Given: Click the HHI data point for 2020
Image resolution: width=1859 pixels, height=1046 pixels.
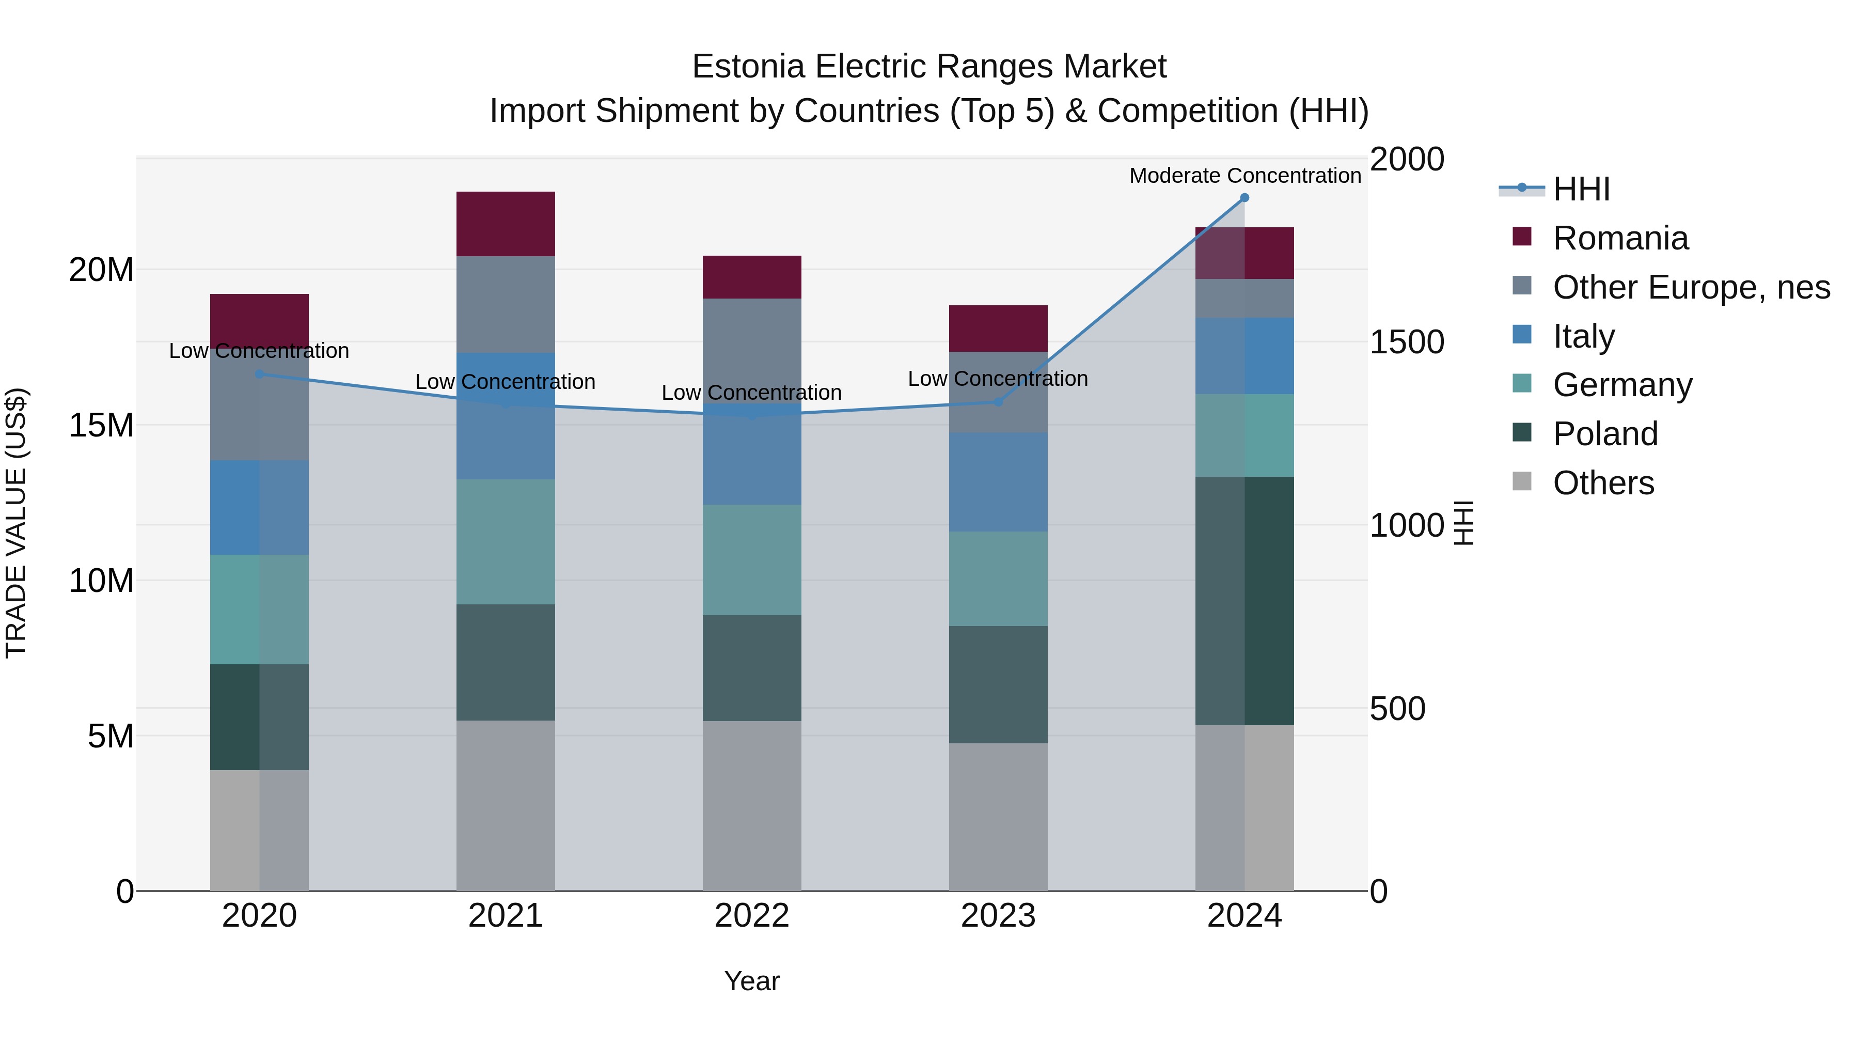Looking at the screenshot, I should [259, 374].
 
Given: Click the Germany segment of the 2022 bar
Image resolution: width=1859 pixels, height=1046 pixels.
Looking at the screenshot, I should [751, 559].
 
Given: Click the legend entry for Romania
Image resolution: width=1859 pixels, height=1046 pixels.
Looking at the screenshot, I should [1620, 238].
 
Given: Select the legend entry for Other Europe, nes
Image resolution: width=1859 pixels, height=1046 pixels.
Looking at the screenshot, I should [1691, 287].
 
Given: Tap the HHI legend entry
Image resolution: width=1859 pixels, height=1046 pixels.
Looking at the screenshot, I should [1581, 189].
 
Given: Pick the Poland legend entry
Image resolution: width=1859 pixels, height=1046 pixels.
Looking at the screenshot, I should [1605, 434].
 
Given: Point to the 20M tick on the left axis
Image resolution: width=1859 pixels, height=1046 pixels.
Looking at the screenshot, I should [101, 270].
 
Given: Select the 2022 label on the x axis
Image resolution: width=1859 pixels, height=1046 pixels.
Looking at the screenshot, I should [751, 916].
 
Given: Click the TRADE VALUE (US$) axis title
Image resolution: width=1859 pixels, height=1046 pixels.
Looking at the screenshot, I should [16, 523].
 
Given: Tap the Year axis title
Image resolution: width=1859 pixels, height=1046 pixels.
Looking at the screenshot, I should [751, 981].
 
